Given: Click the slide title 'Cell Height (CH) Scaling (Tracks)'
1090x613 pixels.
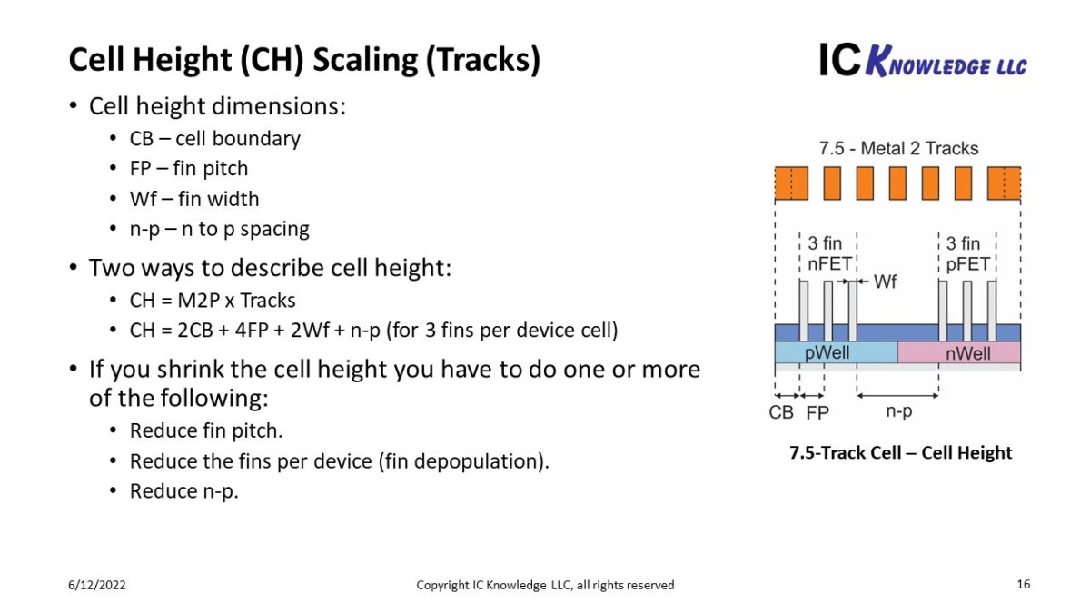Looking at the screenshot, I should tap(304, 60).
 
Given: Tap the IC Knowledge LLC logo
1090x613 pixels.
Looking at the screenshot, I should tap(922, 60).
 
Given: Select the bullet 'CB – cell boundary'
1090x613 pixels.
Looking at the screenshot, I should tap(214, 139).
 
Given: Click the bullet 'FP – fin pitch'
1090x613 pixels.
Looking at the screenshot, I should tap(188, 169).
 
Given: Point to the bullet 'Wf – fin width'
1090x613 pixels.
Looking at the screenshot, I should tap(193, 199).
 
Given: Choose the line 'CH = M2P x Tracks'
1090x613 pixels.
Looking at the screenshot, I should tap(213, 300).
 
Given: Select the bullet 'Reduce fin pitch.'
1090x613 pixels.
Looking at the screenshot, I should tap(213, 430).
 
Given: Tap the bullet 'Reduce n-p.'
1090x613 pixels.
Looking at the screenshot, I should tap(183, 491).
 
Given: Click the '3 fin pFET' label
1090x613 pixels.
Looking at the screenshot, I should tap(966, 254).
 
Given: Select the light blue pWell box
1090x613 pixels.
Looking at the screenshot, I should tap(836, 352).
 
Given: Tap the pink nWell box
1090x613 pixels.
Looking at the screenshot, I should tap(959, 352).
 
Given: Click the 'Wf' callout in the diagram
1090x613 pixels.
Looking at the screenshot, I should tap(885, 282).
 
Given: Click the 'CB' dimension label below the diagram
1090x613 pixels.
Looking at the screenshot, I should tap(781, 412).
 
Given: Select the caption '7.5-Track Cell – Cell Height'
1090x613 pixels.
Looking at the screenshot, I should tap(900, 452).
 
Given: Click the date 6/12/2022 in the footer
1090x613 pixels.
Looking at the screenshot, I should tap(97, 585).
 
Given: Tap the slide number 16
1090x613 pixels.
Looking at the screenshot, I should tap(1023, 584).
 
